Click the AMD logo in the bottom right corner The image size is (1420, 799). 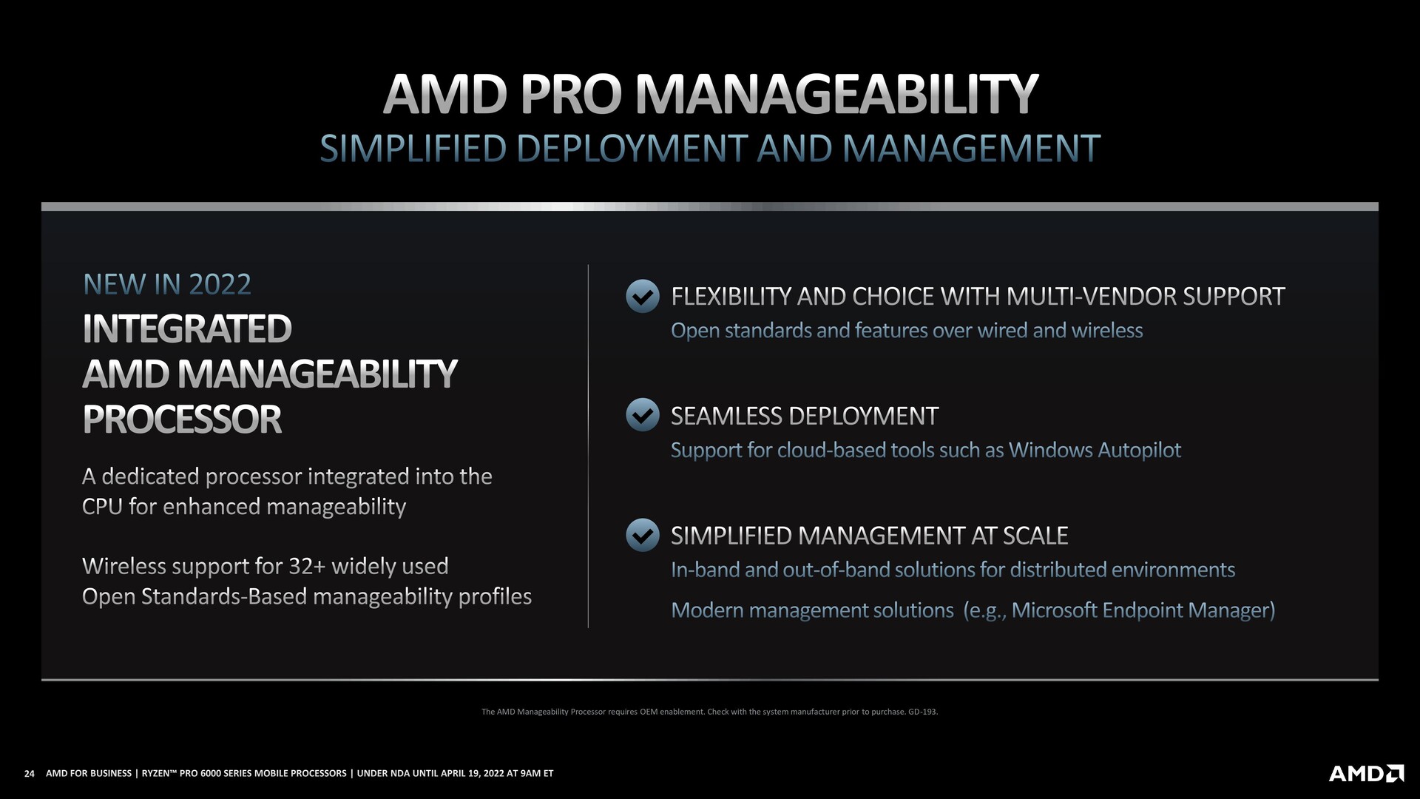coord(1366,773)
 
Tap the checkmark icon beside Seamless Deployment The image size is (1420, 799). coord(642,415)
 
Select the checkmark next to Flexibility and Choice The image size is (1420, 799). coord(642,296)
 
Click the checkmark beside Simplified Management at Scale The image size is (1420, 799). coord(642,535)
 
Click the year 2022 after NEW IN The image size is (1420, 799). coord(220,284)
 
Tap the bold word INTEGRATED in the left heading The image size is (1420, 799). coord(187,328)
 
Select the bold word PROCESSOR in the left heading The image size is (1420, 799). coord(182,419)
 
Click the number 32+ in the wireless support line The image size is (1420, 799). coord(307,566)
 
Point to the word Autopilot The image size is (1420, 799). coord(1139,450)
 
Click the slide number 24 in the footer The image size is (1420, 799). coord(30,774)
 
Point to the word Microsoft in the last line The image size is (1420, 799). coord(1054,610)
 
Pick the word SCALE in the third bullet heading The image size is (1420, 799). coord(1035,536)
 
